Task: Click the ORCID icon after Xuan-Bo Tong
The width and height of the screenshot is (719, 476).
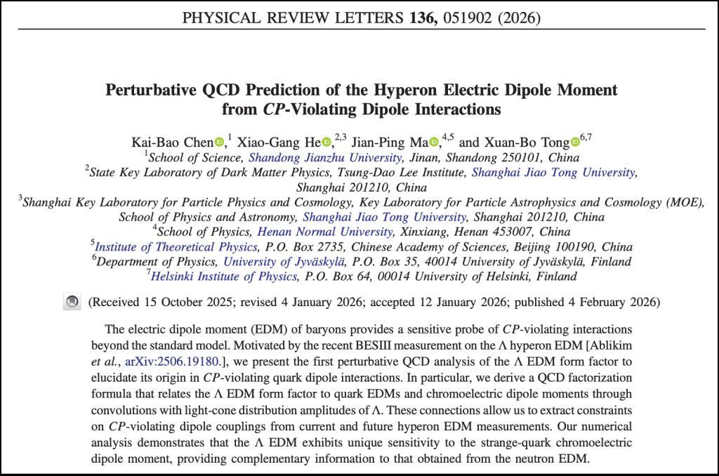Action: point(576,142)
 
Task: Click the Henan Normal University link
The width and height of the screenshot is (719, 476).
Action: point(325,232)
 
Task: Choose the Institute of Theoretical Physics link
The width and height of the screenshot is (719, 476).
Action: point(176,247)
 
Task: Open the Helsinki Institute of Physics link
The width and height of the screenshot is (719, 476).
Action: point(224,277)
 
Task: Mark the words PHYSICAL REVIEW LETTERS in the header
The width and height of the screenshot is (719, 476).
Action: point(289,18)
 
